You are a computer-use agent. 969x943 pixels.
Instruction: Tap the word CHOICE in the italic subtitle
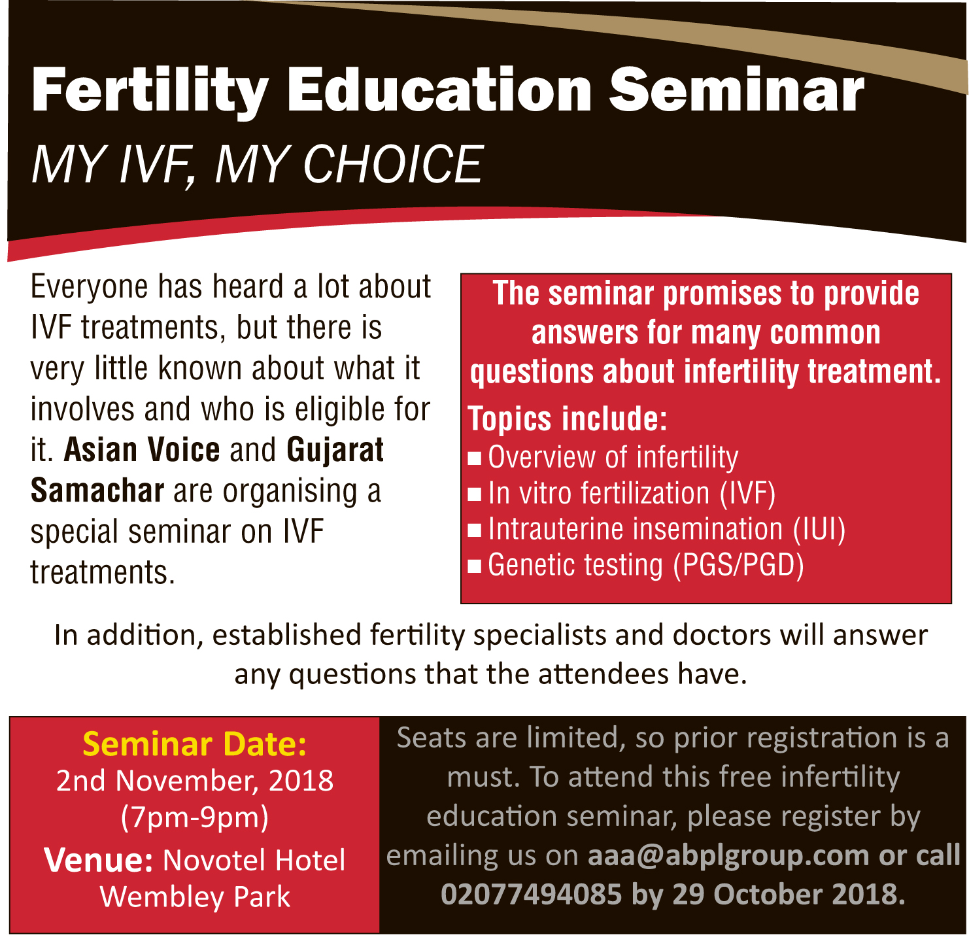pos(393,164)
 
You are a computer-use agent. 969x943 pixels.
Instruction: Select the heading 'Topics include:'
pos(567,419)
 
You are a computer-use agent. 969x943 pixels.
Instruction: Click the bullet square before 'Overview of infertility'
pos(474,458)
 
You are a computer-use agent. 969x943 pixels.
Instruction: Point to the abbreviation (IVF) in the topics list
pos(747,493)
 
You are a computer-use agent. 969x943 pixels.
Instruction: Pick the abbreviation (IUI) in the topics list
pos(819,529)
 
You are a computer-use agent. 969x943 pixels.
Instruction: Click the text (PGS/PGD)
pos(738,565)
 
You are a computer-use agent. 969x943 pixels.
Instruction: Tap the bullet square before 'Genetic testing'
pos(474,566)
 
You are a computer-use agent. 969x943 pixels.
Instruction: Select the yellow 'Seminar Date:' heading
pos(194,744)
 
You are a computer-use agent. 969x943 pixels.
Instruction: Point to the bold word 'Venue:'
pos(98,860)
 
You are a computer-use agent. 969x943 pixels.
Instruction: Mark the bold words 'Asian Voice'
pos(142,449)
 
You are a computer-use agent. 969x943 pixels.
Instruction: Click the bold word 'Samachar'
pos(97,490)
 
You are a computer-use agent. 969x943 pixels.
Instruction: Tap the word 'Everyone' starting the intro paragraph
pos(90,288)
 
